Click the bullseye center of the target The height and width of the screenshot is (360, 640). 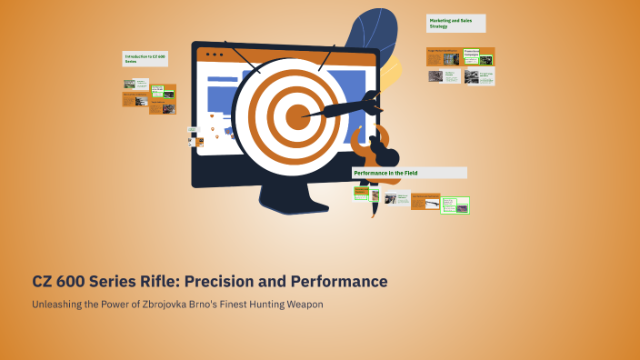pyautogui.click(x=297, y=115)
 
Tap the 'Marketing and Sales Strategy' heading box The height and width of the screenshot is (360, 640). pyautogui.click(x=455, y=23)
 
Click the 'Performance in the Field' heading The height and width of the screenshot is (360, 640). pyautogui.click(x=409, y=173)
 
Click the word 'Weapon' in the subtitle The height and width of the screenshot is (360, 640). pyautogui.click(x=302, y=305)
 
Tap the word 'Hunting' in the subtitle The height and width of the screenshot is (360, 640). pyautogui.click(x=259, y=305)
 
